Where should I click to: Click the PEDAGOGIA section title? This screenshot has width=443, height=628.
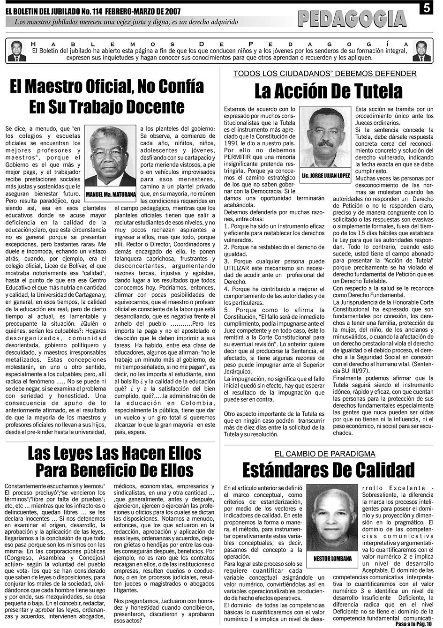pyautogui.click(x=353, y=19)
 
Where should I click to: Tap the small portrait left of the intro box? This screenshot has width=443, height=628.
pyautogui.click(x=17, y=51)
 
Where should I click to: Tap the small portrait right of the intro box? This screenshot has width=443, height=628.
pyautogui.click(x=421, y=51)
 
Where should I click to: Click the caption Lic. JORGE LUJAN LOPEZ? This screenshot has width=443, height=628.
pyautogui.click(x=326, y=176)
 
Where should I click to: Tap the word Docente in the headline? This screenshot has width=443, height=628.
pyautogui.click(x=154, y=106)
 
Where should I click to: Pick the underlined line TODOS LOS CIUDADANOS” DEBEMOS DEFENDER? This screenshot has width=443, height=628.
pyautogui.click(x=325, y=74)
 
